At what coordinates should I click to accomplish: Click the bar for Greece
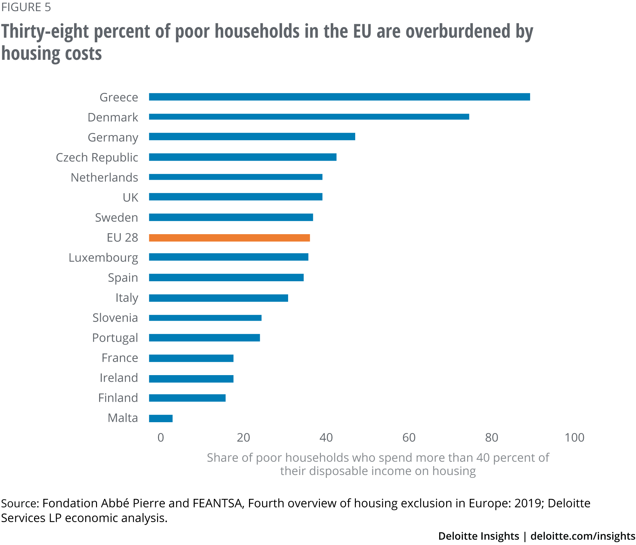click(339, 97)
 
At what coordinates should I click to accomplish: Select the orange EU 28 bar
click(229, 238)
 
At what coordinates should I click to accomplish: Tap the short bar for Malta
click(161, 418)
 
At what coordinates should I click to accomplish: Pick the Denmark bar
click(309, 117)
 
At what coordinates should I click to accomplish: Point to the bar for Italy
click(218, 298)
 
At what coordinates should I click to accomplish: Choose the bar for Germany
click(252, 136)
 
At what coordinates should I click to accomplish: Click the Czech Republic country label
click(97, 157)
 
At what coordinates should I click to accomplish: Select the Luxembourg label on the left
click(103, 257)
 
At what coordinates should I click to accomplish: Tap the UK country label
click(130, 198)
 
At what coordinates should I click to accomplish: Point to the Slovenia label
click(115, 318)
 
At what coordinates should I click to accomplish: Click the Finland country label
click(118, 398)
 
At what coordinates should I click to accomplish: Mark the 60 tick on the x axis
click(409, 438)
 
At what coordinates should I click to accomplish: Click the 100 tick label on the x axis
click(574, 438)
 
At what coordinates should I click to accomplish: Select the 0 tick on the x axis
click(161, 438)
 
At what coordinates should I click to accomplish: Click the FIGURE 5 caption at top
click(26, 7)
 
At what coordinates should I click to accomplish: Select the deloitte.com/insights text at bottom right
click(583, 536)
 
